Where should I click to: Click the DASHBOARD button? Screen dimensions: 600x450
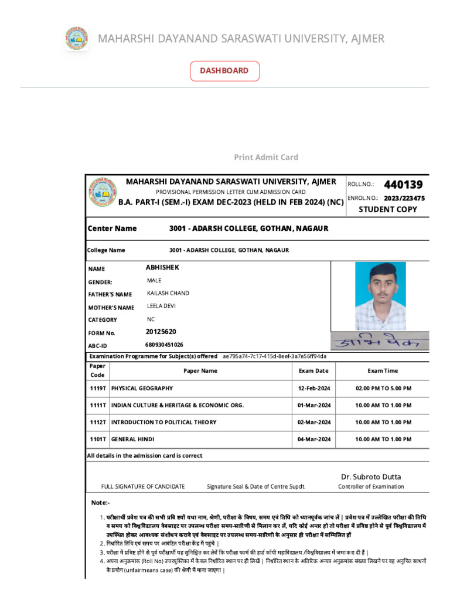(224, 71)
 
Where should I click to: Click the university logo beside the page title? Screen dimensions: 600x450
(76, 39)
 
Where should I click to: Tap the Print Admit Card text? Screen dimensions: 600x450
(266, 157)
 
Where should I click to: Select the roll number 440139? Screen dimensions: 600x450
(403, 185)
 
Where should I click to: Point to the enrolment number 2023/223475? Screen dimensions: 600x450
(404, 198)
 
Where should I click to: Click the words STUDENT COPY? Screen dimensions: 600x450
(388, 210)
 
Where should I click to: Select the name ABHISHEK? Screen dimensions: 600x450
(162, 267)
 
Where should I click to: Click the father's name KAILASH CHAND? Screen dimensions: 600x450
(168, 293)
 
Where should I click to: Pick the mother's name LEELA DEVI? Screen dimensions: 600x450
(161, 306)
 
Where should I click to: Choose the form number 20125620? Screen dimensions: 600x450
(161, 332)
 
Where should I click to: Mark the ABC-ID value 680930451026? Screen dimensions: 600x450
(164, 345)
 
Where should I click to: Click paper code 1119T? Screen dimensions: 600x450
(98, 388)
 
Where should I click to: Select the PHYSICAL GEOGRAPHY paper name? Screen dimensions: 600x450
(142, 388)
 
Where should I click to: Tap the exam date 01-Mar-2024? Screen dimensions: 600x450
(314, 405)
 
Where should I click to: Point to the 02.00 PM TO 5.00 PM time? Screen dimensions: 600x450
(383, 388)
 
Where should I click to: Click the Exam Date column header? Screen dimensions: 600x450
(313, 371)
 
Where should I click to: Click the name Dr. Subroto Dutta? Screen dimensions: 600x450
(371, 477)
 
